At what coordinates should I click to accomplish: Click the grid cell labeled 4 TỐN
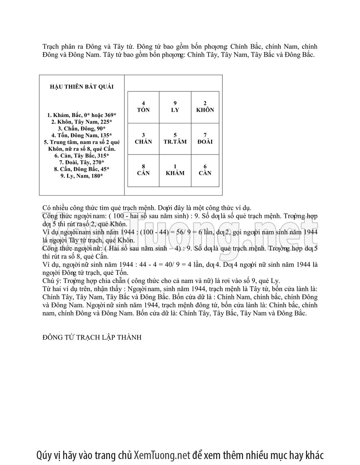coord(143,107)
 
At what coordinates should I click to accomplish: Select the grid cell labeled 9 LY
coord(175,107)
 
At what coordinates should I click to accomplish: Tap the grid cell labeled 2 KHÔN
coord(205,107)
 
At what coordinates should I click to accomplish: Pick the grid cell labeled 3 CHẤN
coord(143,139)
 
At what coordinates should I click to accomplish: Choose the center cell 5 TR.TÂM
coord(175,139)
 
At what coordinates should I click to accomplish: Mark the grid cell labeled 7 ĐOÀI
coord(205,139)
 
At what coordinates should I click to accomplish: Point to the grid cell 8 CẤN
coord(143,170)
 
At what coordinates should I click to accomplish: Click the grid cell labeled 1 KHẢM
coord(175,170)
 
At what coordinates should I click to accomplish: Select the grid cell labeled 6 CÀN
coord(205,170)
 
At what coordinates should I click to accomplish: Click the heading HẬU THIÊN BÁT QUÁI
coord(82,87)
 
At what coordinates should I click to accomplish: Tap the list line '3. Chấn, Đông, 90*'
coord(82,129)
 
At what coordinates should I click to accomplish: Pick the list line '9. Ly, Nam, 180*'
coord(82,176)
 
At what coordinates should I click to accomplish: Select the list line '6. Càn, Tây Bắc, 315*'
coord(82,155)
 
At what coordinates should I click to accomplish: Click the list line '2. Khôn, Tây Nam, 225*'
coord(82,122)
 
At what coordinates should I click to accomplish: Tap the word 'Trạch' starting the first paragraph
coord(51,47)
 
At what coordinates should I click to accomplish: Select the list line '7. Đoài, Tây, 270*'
coord(82,162)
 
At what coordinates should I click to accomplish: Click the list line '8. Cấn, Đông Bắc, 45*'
coord(82,169)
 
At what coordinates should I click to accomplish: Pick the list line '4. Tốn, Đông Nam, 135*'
coord(82,135)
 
